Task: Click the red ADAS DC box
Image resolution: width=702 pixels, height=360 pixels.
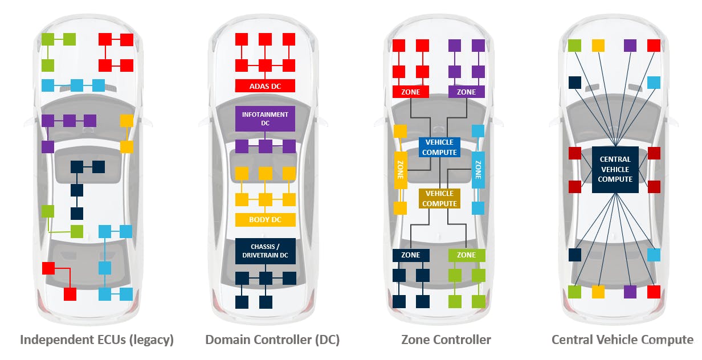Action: point(265,86)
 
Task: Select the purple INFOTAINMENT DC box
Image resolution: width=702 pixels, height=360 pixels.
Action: point(265,119)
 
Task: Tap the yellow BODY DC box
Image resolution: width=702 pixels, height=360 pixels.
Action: point(265,219)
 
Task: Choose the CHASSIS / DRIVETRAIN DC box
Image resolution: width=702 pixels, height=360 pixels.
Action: point(265,251)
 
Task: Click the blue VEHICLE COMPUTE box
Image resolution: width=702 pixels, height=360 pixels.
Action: point(439,147)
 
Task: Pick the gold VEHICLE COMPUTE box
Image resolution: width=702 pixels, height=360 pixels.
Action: point(439,199)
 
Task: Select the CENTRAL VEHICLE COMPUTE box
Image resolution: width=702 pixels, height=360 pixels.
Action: point(615,169)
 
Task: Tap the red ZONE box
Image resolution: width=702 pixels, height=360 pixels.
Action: point(410,92)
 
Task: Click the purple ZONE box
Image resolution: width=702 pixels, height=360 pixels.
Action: point(466,92)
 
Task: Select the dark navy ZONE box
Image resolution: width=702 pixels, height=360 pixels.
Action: point(410,255)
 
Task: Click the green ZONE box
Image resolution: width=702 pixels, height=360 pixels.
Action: point(466,255)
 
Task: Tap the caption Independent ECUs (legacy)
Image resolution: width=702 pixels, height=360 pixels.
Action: point(97,340)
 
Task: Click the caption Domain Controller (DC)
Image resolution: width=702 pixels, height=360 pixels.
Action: point(272,340)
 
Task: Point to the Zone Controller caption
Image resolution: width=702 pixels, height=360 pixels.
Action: point(446,340)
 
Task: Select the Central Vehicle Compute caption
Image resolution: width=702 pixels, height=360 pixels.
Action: point(622,340)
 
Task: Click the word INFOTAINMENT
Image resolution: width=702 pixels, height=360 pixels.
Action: point(265,114)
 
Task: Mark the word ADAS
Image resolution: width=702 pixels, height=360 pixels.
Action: point(259,86)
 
